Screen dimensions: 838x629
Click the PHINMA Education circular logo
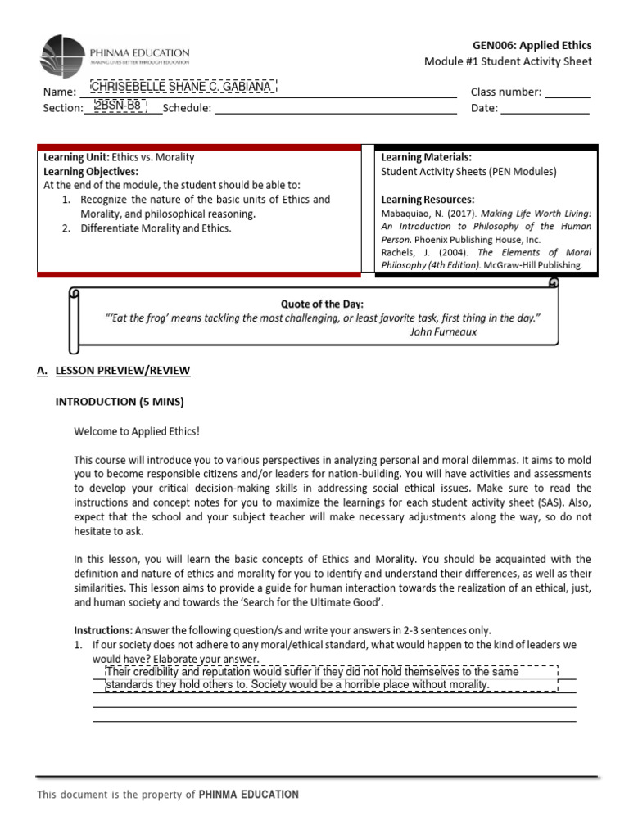62,57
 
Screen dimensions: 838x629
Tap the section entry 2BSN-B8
117,106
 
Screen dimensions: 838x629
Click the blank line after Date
545,109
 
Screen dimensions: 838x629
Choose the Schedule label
187,108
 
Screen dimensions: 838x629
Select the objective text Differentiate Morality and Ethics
156,228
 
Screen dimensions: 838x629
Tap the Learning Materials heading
426,156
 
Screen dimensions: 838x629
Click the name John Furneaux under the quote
443,332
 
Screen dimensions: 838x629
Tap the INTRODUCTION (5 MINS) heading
120,402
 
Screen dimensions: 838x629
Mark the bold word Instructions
102,630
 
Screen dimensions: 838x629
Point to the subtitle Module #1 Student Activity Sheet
508,62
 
